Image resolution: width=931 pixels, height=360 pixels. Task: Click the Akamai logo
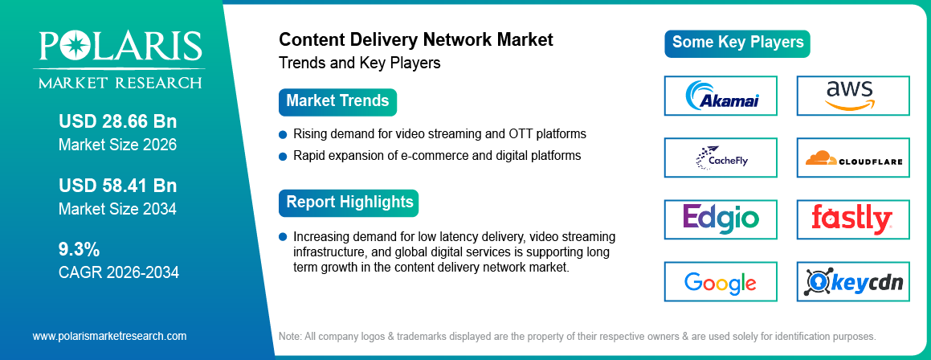[721, 96]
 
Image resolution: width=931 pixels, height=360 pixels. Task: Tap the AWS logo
[852, 96]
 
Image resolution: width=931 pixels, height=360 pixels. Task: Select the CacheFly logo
[721, 157]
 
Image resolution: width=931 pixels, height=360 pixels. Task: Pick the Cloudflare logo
[852, 157]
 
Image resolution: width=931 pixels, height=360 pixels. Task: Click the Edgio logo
[721, 219]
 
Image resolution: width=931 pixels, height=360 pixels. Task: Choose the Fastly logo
[852, 219]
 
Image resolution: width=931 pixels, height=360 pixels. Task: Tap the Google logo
[721, 282]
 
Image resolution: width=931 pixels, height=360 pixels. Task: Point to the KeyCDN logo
[852, 282]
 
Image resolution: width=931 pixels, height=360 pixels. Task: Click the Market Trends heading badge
[337, 101]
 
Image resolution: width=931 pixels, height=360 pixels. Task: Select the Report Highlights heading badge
[349, 202]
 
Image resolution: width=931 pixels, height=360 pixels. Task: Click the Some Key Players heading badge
[737, 43]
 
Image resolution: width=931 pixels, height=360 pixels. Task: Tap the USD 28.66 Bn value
[117, 122]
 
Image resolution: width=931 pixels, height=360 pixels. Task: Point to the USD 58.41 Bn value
[117, 186]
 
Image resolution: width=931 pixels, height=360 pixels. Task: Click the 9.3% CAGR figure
[80, 248]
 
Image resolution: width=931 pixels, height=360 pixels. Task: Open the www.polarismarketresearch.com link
[109, 336]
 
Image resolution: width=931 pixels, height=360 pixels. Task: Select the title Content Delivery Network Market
[415, 40]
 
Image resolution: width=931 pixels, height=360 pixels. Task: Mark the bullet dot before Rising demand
[283, 134]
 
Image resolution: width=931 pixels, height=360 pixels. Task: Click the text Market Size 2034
[117, 209]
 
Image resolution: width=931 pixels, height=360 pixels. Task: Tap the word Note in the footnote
[290, 336]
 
